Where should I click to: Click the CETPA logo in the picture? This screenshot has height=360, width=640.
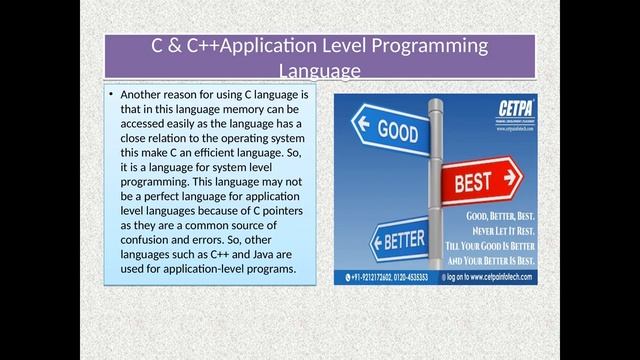[x=514, y=111]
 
